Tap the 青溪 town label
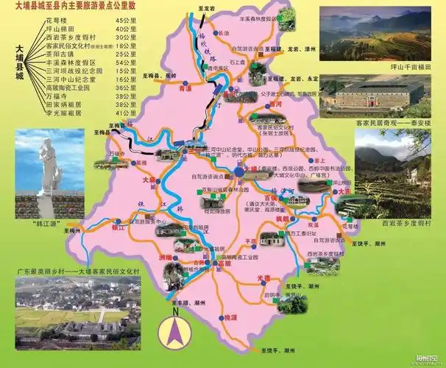[x=185, y=88]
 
